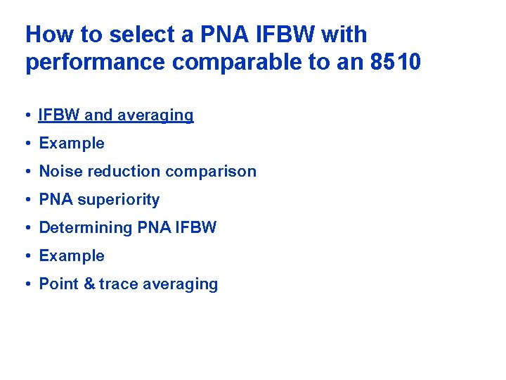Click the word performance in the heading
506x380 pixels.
[96, 62]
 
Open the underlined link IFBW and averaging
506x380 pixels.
[116, 115]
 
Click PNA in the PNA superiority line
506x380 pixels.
[56, 199]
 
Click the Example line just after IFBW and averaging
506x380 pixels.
[71, 143]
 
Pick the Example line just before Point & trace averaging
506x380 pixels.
[71, 255]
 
